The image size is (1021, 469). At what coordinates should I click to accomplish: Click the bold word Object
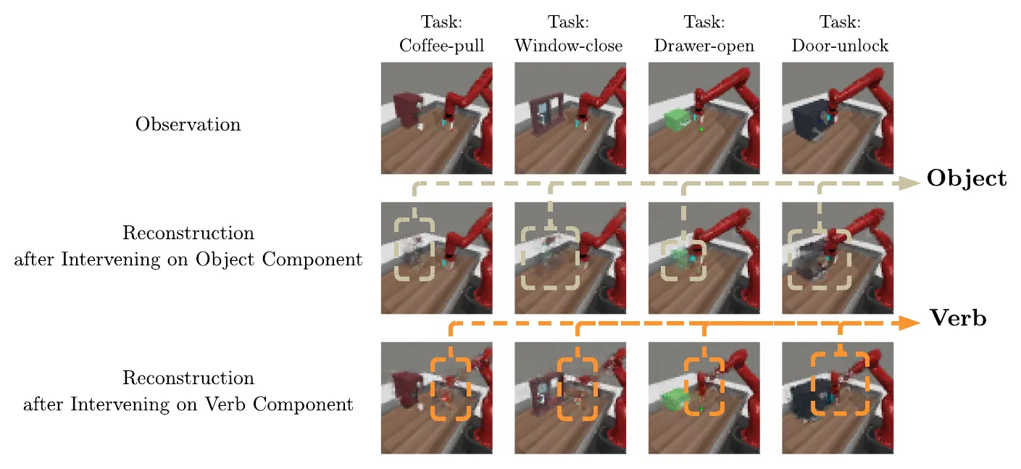pyautogui.click(x=967, y=179)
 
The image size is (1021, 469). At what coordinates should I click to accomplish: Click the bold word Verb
pyautogui.click(x=958, y=318)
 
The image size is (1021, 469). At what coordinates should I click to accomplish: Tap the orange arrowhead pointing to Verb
pyautogui.click(x=910, y=323)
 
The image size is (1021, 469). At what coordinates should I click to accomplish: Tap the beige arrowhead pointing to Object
pyautogui.click(x=910, y=183)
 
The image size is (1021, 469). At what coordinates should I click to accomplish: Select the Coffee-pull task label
pyautogui.click(x=441, y=34)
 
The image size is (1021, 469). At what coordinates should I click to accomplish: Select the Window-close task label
pyautogui.click(x=568, y=34)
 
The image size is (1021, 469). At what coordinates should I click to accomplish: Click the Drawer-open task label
pyautogui.click(x=704, y=34)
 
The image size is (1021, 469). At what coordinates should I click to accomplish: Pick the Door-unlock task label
pyautogui.click(x=840, y=34)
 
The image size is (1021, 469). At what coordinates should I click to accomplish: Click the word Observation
pyautogui.click(x=188, y=125)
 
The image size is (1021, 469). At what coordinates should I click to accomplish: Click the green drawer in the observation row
pyautogui.click(x=678, y=121)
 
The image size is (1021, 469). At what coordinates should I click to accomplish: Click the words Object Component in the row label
pyautogui.click(x=279, y=260)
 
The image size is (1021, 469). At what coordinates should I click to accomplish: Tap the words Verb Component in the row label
pyautogui.click(x=279, y=404)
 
